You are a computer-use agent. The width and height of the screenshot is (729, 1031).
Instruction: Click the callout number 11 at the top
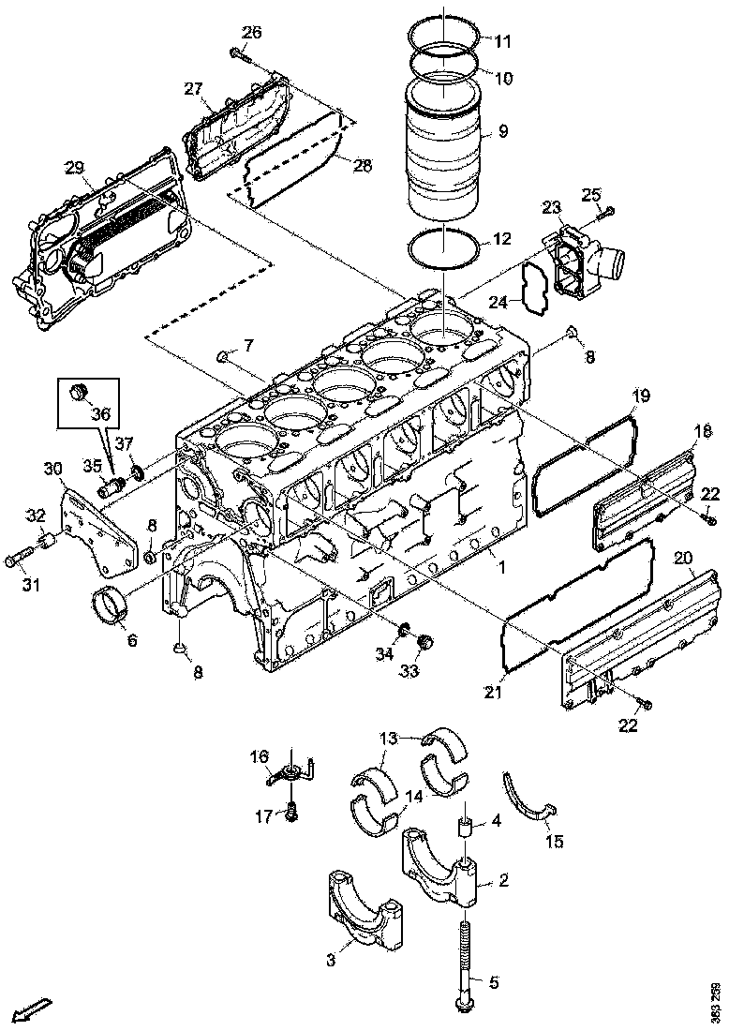point(503,41)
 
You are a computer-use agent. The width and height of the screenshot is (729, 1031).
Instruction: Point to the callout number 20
point(682,559)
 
